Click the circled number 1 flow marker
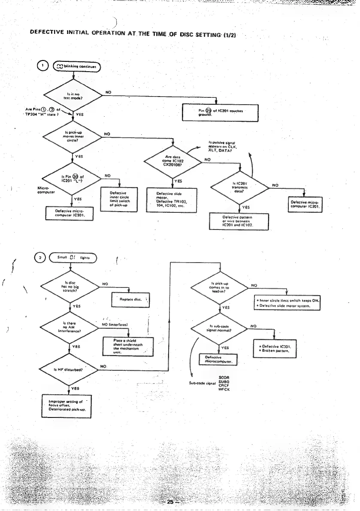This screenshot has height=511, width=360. tap(41, 67)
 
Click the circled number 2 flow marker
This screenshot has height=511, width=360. tap(41, 258)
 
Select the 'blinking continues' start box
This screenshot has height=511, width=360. tap(77, 67)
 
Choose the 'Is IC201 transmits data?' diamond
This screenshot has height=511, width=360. tap(240, 186)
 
